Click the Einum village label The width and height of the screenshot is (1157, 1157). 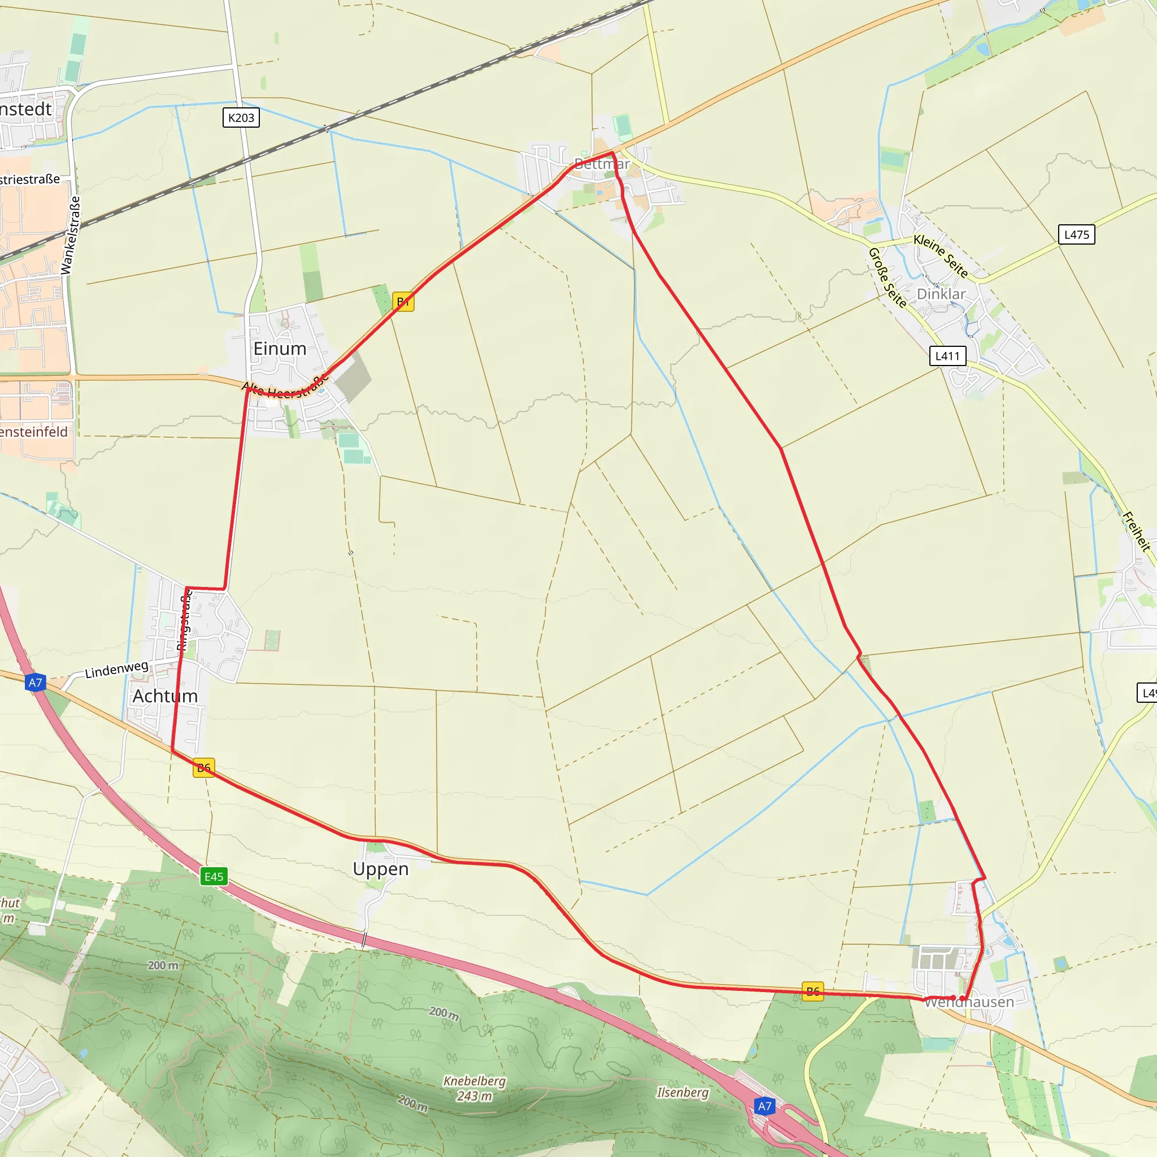tap(280, 349)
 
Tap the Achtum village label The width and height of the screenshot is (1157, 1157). tap(166, 696)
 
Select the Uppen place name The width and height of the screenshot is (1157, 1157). tap(380, 869)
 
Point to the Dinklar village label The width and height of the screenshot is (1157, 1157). tap(941, 294)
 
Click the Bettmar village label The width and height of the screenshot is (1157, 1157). tap(602, 164)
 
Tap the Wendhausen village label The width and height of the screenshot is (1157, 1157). tap(969, 1002)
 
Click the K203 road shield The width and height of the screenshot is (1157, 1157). tap(241, 118)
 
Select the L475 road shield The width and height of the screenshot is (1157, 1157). tap(1076, 235)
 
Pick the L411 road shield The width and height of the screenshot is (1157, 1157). tap(947, 356)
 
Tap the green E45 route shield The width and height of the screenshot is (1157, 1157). tap(214, 877)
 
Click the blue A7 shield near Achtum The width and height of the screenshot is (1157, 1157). tap(36, 682)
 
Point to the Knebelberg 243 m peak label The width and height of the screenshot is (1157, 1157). tap(475, 1088)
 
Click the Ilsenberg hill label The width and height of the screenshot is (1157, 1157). tap(682, 1093)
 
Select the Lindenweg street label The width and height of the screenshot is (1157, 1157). tap(116, 670)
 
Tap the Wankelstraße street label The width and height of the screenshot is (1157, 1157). tap(71, 236)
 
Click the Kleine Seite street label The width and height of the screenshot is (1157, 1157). tap(940, 256)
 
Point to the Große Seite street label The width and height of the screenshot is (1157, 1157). tap(888, 277)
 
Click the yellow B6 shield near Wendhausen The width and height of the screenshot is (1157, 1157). tap(812, 991)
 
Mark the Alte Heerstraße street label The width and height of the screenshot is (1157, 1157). tap(286, 389)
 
